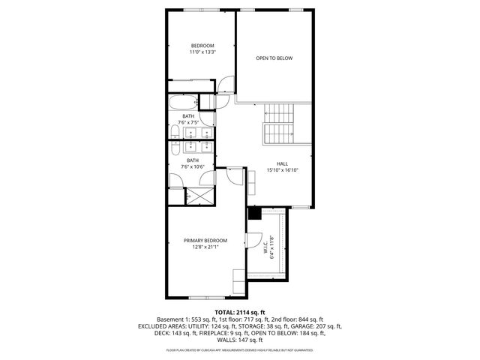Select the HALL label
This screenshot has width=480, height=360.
[282, 163]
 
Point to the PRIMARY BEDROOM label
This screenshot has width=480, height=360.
[205, 240]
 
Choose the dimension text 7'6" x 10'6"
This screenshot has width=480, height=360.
[193, 166]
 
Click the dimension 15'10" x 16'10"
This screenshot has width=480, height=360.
[282, 170]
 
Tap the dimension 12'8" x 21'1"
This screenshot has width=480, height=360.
[205, 247]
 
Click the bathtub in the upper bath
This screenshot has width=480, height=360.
[182, 102]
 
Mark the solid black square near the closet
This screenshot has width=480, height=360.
[253, 214]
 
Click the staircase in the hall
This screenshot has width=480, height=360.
[280, 124]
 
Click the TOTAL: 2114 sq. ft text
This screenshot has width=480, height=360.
[239, 312]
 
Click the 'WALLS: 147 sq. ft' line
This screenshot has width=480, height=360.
[240, 340]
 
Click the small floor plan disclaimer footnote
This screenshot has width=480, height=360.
[240, 349]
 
